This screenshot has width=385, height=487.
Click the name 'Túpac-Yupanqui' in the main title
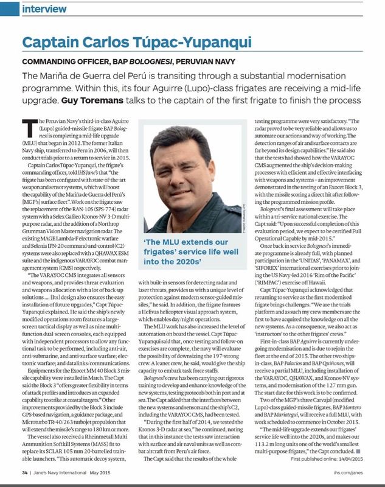click(x=192, y=43)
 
